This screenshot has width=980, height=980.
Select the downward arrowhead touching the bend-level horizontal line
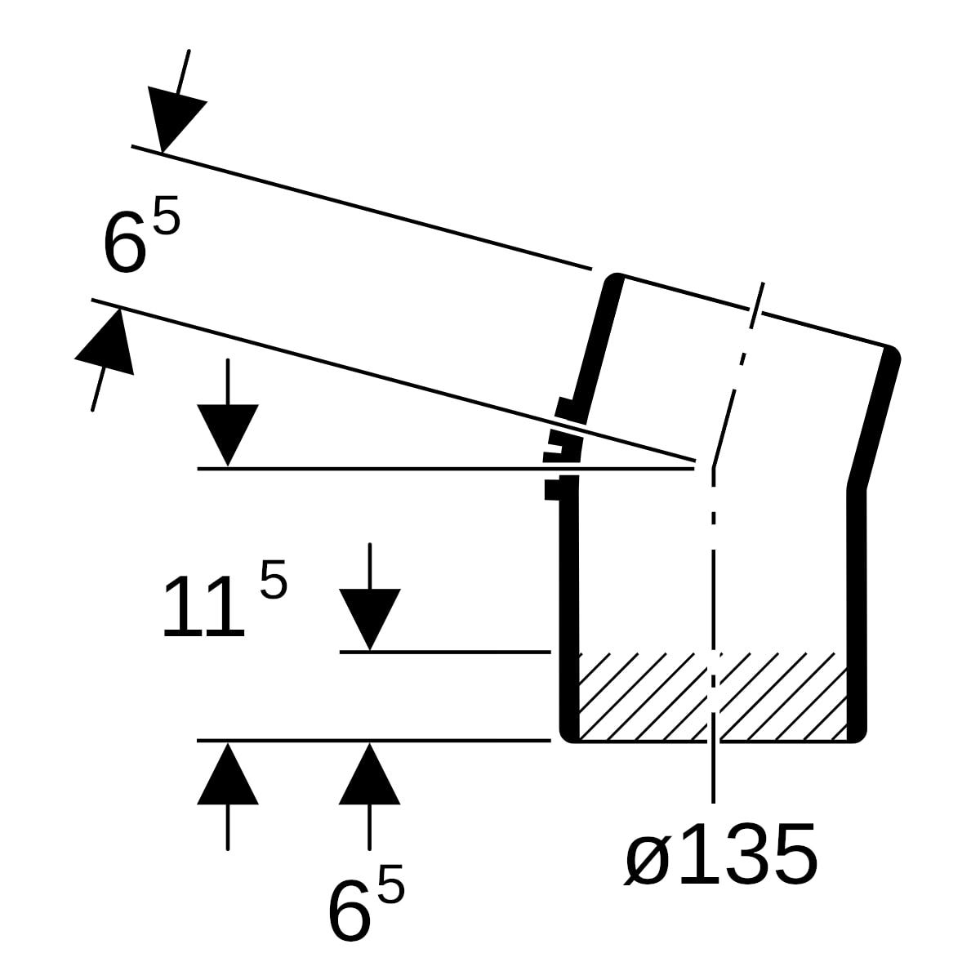pos(228,435)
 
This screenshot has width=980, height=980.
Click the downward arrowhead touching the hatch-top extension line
pos(370,619)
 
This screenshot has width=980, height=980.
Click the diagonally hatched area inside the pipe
pos(712,697)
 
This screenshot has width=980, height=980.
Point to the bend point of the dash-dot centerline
pos(714,466)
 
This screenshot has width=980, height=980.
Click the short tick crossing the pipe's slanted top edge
pos(757,305)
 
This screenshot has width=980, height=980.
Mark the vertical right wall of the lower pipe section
pos(857,616)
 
